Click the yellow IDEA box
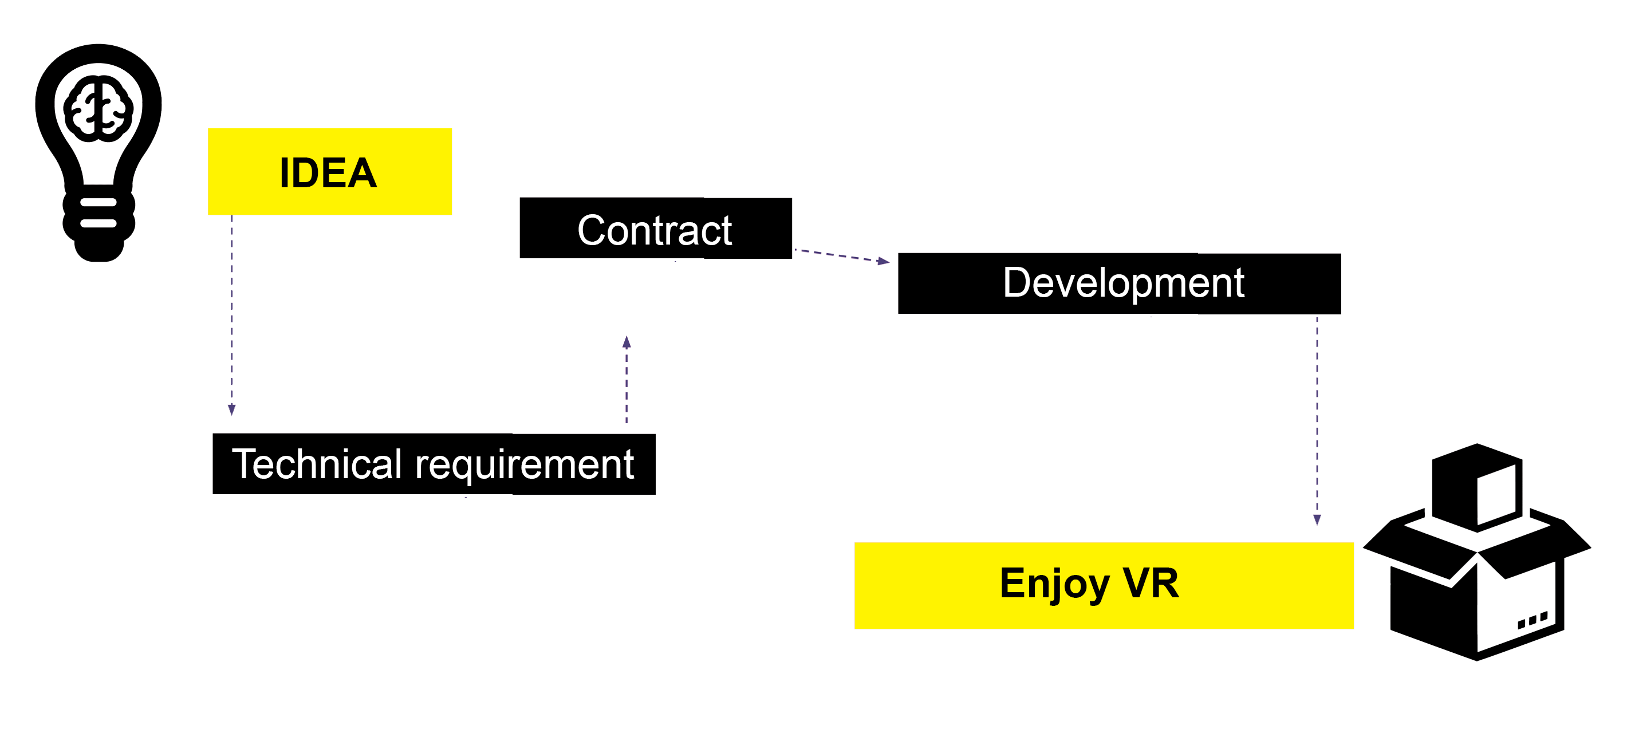330,172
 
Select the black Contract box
655,228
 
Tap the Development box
1118,283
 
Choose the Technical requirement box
434,464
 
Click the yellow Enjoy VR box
1104,585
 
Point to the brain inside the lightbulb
99,109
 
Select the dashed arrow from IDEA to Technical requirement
232,316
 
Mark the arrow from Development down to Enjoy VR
1317,420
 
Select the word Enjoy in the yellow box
1054,584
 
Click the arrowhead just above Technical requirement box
232,410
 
